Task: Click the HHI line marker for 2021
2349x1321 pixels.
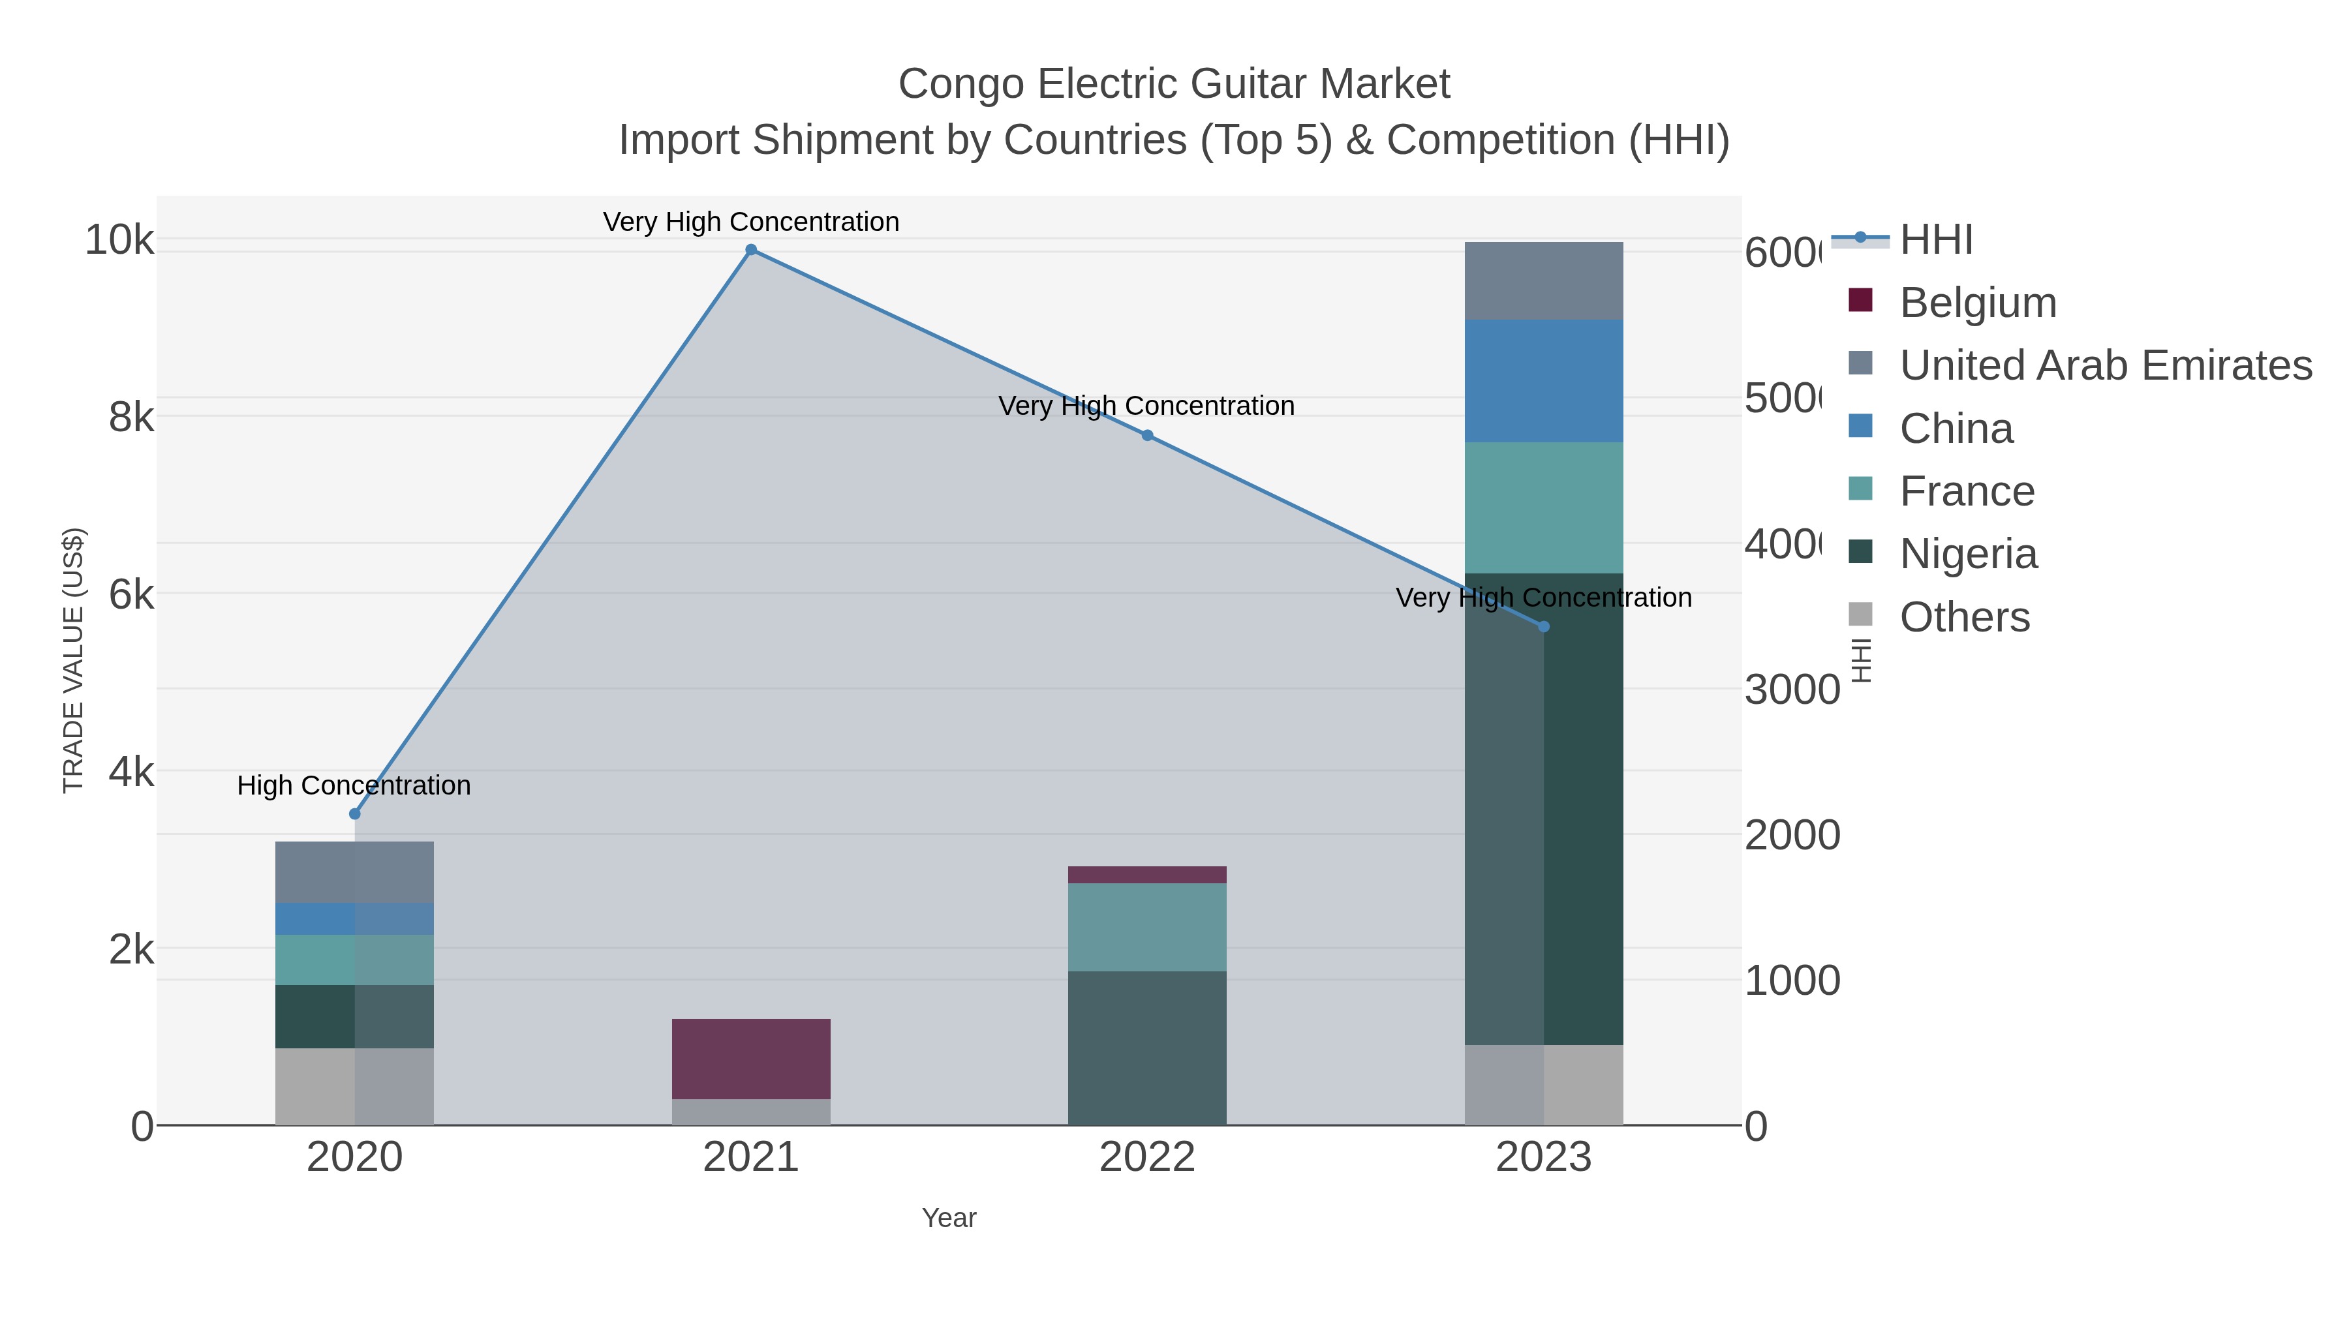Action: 750,250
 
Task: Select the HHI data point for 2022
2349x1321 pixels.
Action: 1147,436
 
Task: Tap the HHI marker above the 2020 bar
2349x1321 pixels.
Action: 355,814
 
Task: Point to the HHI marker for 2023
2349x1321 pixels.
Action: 1543,626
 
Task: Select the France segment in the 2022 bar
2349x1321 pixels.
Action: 1147,927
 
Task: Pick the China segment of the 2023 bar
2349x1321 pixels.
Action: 1543,381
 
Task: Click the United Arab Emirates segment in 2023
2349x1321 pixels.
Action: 1543,281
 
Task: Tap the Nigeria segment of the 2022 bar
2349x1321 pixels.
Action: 1147,1048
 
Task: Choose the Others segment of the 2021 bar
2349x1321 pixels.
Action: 750,1112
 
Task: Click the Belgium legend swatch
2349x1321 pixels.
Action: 1860,300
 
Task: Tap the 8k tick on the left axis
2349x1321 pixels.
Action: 131,418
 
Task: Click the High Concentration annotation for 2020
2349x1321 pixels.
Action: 354,785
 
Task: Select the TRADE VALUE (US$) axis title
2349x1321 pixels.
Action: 73,660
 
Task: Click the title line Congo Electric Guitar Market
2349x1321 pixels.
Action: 1174,85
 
